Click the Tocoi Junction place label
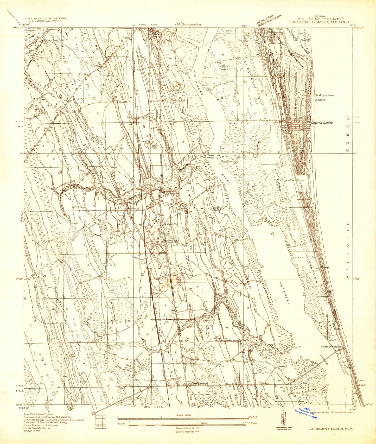click(54, 40)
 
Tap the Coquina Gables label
click(322, 123)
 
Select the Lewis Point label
click(211, 156)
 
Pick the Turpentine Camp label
click(155, 381)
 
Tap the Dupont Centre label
click(197, 384)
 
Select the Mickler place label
click(325, 267)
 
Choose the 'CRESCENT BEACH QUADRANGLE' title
click(317, 22)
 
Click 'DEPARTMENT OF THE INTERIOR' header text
click(45, 18)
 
